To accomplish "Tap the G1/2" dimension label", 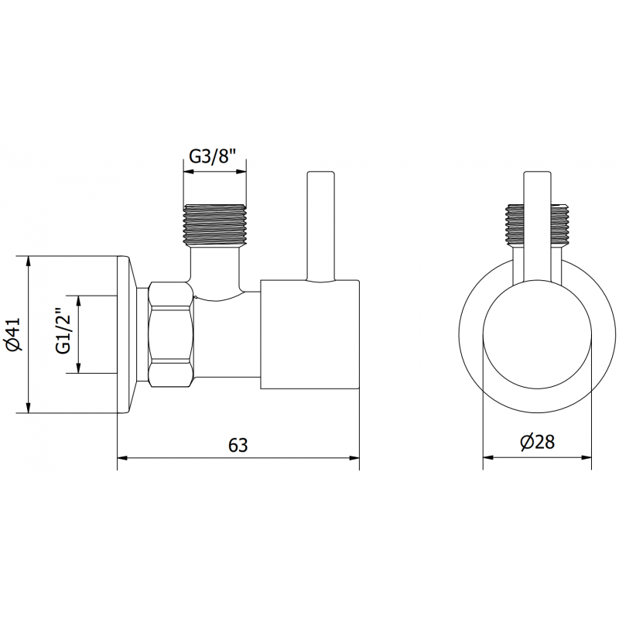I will (63, 333).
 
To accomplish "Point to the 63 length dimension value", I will (238, 445).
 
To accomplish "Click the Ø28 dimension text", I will (538, 442).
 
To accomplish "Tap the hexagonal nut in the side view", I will (169, 333).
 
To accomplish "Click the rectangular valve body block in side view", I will (309, 333).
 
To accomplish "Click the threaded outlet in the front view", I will (538, 224).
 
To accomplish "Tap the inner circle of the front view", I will (538, 333).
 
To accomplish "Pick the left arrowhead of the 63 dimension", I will (121, 459).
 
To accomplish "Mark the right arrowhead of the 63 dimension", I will (355, 459).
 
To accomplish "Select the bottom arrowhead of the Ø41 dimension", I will (29, 408).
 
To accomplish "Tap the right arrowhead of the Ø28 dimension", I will (587, 457).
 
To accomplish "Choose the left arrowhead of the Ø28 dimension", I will (488, 457).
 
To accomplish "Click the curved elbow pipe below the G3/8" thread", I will (217, 275).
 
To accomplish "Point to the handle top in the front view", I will (538, 174).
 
